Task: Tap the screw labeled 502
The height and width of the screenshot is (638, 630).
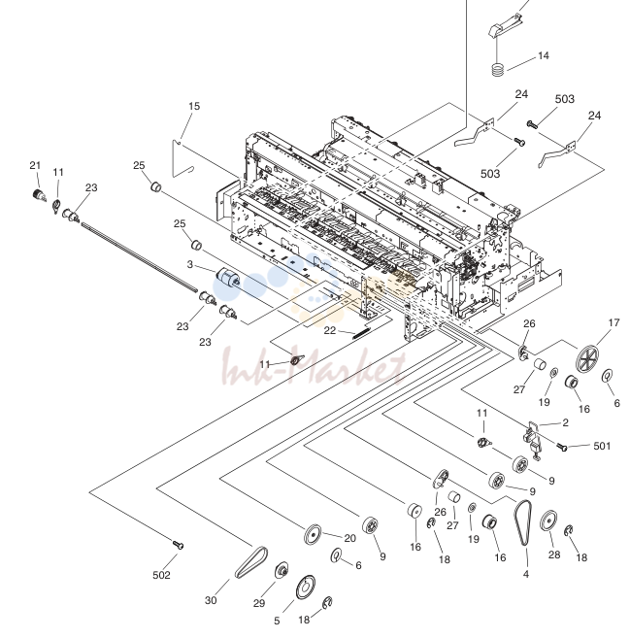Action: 179,545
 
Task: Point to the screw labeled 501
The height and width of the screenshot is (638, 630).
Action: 563,448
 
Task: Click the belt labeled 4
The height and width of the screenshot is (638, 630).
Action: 523,522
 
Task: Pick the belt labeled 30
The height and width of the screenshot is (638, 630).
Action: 251,562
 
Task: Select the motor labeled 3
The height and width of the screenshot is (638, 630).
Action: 227,279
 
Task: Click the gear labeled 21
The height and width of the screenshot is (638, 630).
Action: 39,195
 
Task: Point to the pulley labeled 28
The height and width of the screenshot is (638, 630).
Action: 548,520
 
